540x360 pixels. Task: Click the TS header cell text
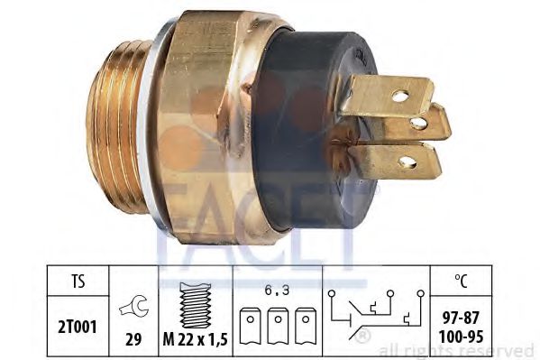click(x=78, y=282)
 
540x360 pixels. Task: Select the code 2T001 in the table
click(x=78, y=327)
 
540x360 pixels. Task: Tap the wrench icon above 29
click(x=134, y=306)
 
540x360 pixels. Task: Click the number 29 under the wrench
click(x=133, y=340)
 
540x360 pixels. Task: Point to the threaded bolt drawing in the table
click(x=196, y=305)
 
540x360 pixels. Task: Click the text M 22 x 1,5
click(x=196, y=340)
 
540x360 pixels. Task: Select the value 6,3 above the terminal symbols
click(x=278, y=291)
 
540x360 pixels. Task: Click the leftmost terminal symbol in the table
click(x=251, y=326)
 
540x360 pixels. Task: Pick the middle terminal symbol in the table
click(x=278, y=326)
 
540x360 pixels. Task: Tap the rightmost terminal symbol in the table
click(x=306, y=326)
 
